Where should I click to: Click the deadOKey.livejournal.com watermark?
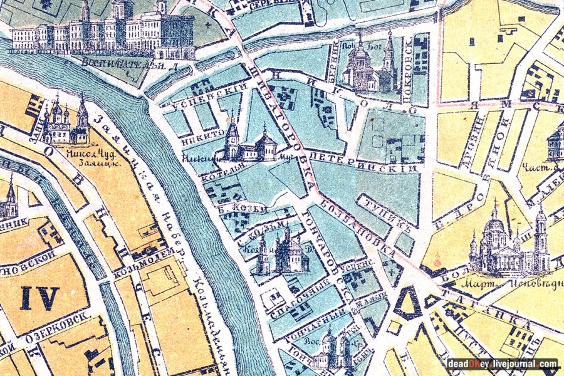tap(501, 363)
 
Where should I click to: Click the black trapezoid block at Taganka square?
tap(407, 303)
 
